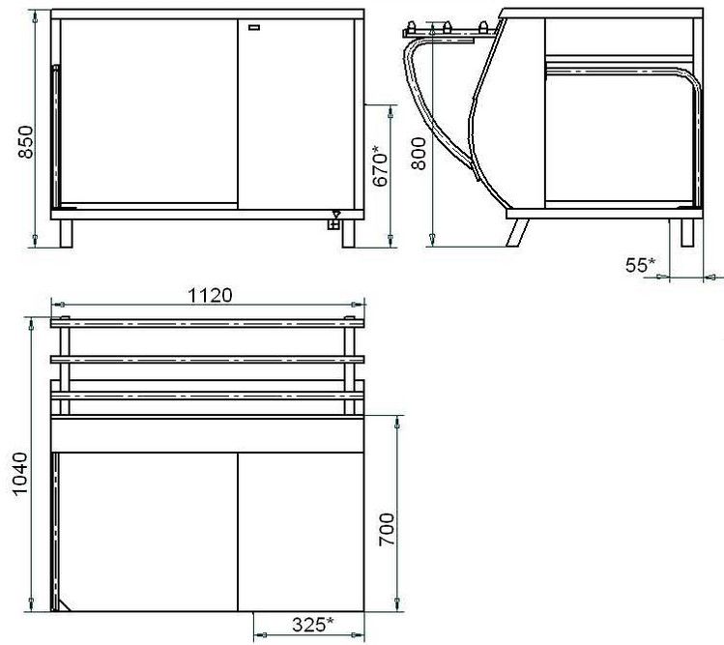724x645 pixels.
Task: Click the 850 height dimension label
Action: coord(26,142)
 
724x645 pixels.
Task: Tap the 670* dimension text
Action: coord(381,166)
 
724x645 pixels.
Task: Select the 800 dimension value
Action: coord(419,154)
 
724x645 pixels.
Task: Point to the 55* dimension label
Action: coord(641,265)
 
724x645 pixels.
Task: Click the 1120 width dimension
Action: coord(210,295)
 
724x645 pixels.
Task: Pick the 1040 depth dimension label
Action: coord(20,474)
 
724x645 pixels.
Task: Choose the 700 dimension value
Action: coord(387,530)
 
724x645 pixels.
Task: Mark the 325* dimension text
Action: coord(312,625)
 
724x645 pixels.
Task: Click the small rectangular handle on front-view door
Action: coord(254,28)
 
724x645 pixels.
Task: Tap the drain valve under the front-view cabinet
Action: coord(333,220)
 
